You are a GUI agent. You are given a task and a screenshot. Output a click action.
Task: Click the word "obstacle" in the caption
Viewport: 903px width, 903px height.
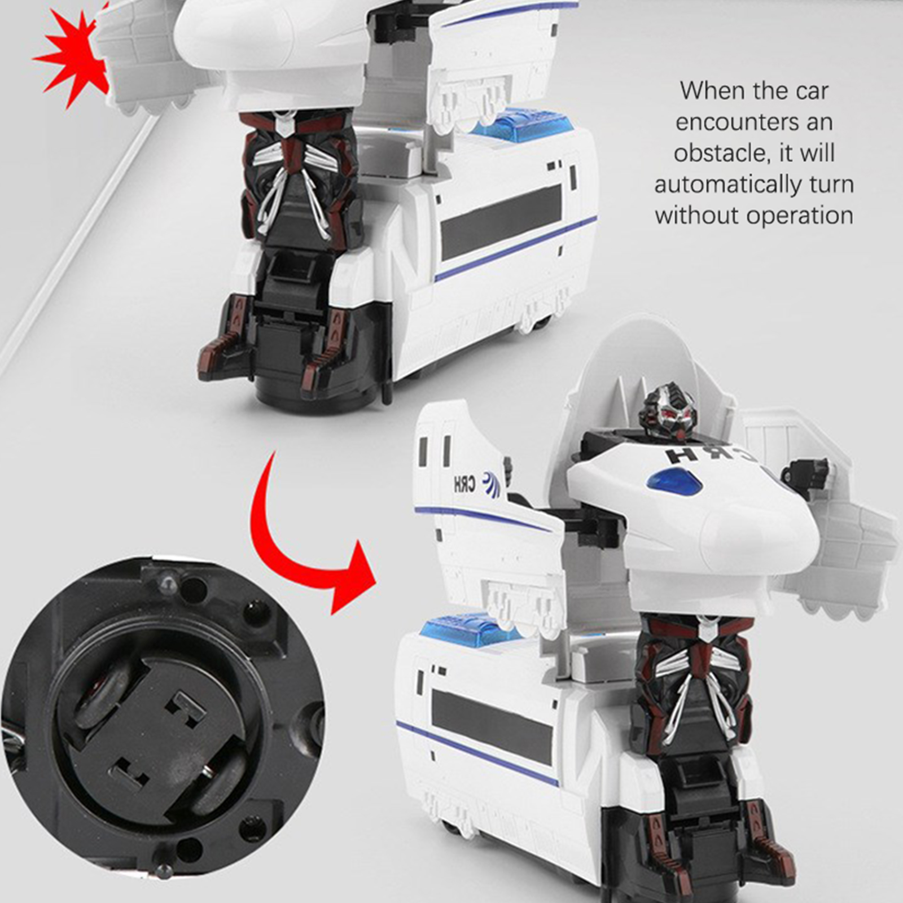click(721, 154)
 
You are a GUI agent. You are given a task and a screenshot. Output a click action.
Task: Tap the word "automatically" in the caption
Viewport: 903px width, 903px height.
click(724, 185)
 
